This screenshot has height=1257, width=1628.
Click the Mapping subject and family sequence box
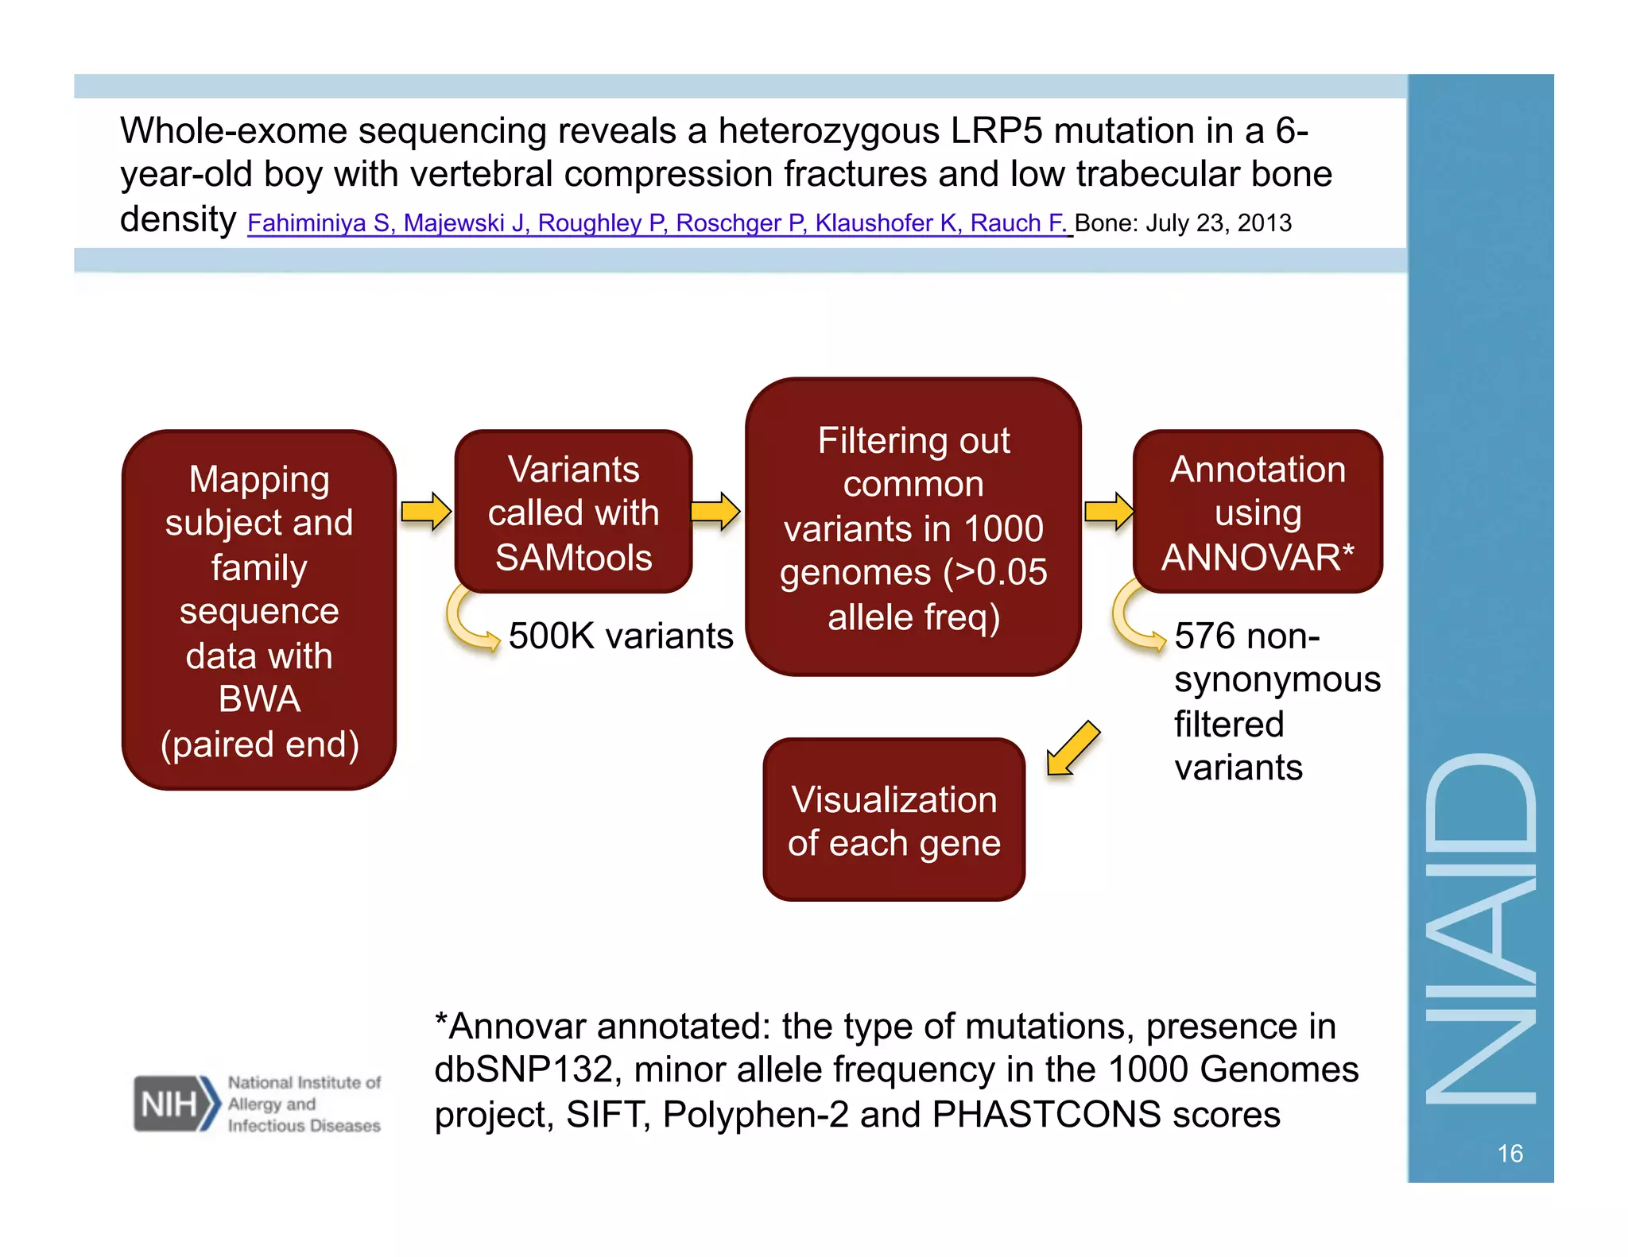pyautogui.click(x=259, y=610)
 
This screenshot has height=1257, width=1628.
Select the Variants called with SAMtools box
pyautogui.click(x=573, y=512)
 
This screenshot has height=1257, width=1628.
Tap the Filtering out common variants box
pyautogui.click(x=913, y=528)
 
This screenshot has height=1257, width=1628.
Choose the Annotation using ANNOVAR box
pyautogui.click(x=1258, y=512)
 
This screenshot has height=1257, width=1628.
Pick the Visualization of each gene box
pyautogui.click(x=893, y=820)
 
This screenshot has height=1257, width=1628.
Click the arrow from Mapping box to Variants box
pyautogui.click(x=425, y=512)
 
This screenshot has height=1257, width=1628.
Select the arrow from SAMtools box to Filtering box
pyautogui.click(x=715, y=512)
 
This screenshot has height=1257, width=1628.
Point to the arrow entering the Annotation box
pyautogui.click(x=1109, y=512)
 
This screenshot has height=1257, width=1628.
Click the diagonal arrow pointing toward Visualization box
pyautogui.click(x=1073, y=748)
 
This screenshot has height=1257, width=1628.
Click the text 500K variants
pyautogui.click(x=620, y=636)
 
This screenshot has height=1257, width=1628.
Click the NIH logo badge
pyautogui.click(x=175, y=1104)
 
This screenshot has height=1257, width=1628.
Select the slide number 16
pyautogui.click(x=1510, y=1153)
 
